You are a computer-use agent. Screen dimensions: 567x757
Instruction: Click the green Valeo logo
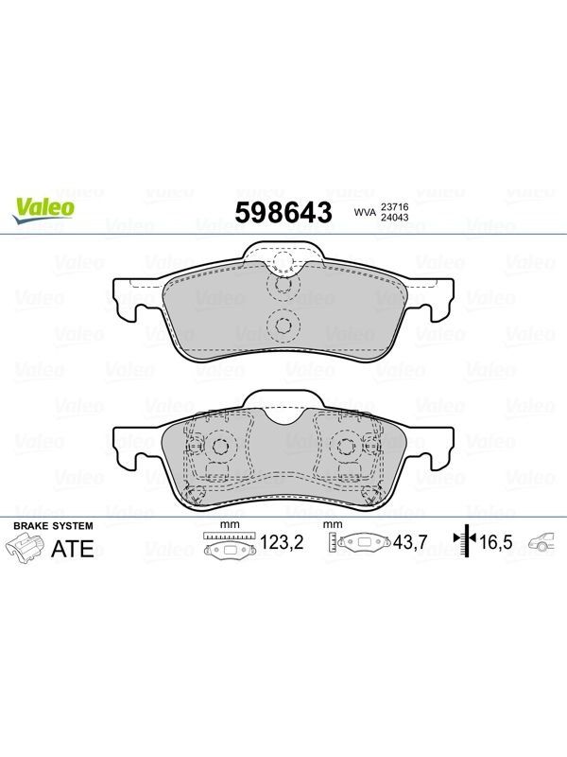click(43, 211)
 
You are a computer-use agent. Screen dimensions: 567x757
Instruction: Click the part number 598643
click(283, 212)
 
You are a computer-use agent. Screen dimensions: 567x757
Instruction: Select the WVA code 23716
click(394, 206)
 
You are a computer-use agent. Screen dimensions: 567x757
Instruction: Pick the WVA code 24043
click(394, 218)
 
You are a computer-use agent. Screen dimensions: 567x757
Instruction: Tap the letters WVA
click(365, 212)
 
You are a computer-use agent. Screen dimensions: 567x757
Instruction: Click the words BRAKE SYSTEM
click(53, 526)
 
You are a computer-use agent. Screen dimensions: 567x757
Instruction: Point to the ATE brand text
click(73, 549)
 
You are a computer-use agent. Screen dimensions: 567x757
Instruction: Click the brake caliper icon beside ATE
click(25, 549)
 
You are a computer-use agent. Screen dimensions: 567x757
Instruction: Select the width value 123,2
click(282, 542)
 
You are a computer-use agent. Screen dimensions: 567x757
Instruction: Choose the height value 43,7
click(410, 542)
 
